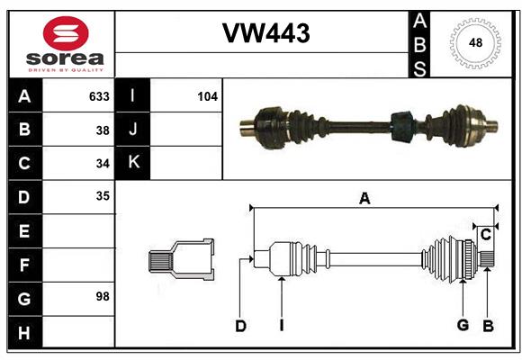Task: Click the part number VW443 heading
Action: pos(265,34)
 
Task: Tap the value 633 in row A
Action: pos(99,96)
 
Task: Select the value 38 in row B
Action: pos(103,130)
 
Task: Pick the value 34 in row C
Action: pos(103,163)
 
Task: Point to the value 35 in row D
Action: pos(103,195)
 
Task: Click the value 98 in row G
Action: pos(103,296)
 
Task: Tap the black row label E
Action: pos(24,231)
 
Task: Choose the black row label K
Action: pos(133,162)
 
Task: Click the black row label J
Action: pos(133,130)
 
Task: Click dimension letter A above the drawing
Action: pos(364,199)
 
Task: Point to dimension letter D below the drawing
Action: pos(240,326)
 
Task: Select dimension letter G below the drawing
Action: pos(463,326)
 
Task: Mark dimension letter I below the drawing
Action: pos(281,326)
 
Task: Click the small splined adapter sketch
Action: pos(181,260)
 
